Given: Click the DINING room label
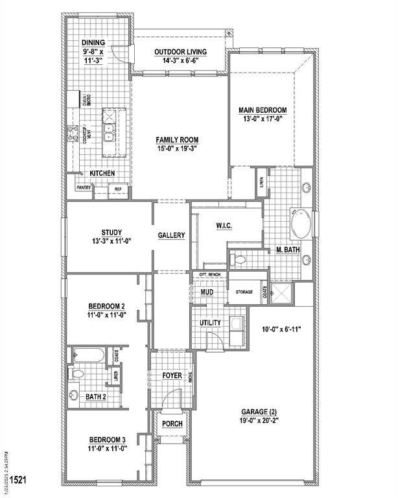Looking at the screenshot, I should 93,25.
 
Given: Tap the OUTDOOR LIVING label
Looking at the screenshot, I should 180,52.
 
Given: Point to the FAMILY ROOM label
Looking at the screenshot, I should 176,139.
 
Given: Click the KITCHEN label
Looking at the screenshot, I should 102,173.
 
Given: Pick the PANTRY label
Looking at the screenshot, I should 84,187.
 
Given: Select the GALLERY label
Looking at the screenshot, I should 171,235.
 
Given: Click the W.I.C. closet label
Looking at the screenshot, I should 224,225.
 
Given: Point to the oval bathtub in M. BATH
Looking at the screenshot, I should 299,227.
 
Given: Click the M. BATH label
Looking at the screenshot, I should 287,250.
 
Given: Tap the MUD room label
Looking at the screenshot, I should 207,292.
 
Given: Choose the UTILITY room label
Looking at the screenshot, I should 210,322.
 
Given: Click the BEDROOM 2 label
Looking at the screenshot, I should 107,306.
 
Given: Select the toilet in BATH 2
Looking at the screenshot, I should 77,374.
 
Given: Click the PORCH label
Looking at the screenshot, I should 172,423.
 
